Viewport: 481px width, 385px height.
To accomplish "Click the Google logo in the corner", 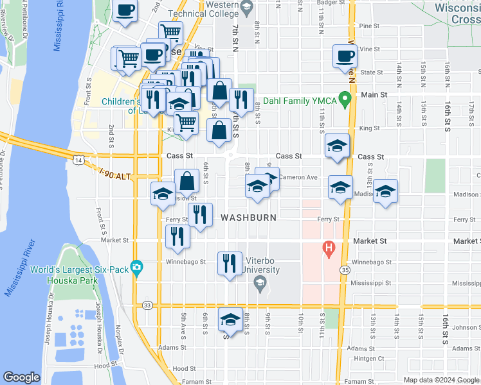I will (x=22, y=377).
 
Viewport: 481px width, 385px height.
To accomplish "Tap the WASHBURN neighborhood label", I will (x=249, y=218).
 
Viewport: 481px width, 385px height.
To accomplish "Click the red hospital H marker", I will (x=329, y=248).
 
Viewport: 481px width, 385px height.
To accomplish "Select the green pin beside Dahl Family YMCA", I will (x=345, y=99).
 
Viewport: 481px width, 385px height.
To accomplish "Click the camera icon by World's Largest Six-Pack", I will (x=136, y=267).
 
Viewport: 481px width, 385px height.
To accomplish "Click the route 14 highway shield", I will (x=78, y=158).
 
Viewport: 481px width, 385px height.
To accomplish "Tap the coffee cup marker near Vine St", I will (x=344, y=56).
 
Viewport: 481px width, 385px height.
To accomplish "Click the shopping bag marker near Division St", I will (x=187, y=181).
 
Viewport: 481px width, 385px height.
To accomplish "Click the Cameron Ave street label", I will (x=298, y=177).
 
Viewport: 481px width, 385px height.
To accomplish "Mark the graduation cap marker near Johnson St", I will (x=230, y=320).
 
